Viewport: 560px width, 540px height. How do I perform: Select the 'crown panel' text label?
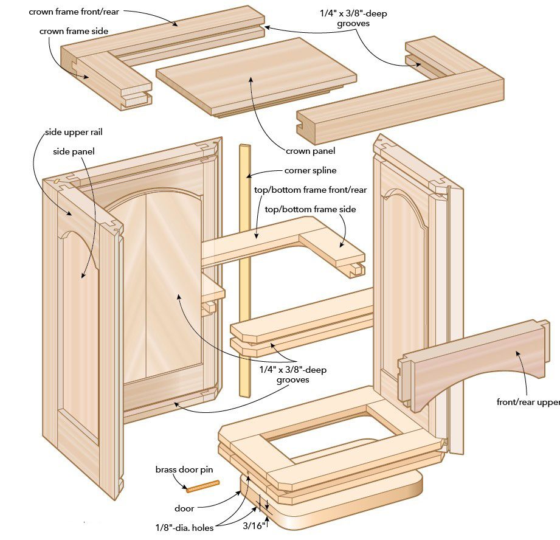[310, 151]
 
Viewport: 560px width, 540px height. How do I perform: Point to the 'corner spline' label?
[310, 171]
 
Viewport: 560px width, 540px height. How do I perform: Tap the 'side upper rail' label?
[69, 133]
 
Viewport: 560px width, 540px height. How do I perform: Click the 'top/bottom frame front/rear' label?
[310, 190]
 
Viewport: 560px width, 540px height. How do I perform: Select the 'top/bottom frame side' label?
[310, 209]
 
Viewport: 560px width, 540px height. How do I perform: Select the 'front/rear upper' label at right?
[528, 402]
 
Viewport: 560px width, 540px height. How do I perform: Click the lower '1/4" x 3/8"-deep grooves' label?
[293, 374]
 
